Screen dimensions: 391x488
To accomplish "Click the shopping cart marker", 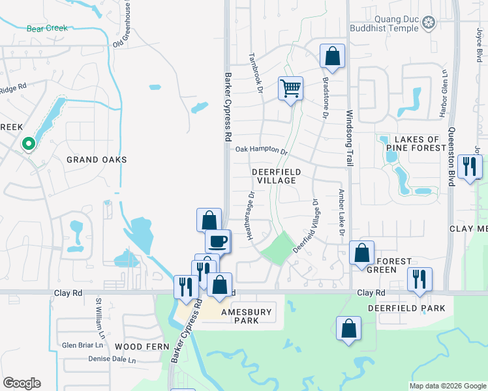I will (x=290, y=88).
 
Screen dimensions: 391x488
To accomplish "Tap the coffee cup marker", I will (x=218, y=241).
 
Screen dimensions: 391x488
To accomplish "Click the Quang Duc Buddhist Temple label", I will (x=387, y=23).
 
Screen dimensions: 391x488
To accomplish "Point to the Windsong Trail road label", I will (x=349, y=138).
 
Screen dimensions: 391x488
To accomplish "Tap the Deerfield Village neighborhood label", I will (x=277, y=176).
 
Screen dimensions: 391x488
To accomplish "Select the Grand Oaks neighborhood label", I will (x=96, y=160).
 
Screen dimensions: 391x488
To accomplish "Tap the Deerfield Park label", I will (x=406, y=308).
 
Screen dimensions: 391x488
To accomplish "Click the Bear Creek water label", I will (x=47, y=29).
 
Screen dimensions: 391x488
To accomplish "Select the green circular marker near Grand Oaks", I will (x=28, y=144).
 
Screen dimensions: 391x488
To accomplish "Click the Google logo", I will (x=22, y=383).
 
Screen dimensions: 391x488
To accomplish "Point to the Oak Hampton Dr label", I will (x=262, y=150).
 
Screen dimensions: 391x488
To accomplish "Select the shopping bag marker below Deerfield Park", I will (x=348, y=328).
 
